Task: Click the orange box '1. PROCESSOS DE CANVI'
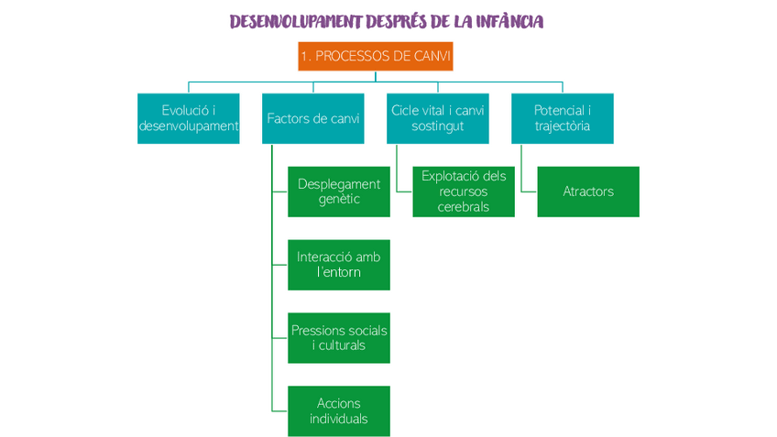[376, 56]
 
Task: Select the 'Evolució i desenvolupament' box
[189, 118]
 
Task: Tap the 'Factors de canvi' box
[313, 118]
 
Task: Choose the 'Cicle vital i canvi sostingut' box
[438, 118]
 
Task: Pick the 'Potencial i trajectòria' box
[563, 118]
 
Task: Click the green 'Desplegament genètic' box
[339, 191]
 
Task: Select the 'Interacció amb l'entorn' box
[339, 265]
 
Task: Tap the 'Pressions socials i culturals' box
[339, 338]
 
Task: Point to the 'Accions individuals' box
[339, 411]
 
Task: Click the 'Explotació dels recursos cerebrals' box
[464, 191]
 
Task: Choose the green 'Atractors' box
[588, 191]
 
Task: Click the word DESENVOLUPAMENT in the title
[294, 21]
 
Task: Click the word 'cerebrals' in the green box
[464, 207]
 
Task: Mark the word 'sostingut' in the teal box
[438, 126]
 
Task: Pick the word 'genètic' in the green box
[339, 200]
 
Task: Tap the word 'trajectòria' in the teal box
[563, 126]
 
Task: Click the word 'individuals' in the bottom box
[339, 420]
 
